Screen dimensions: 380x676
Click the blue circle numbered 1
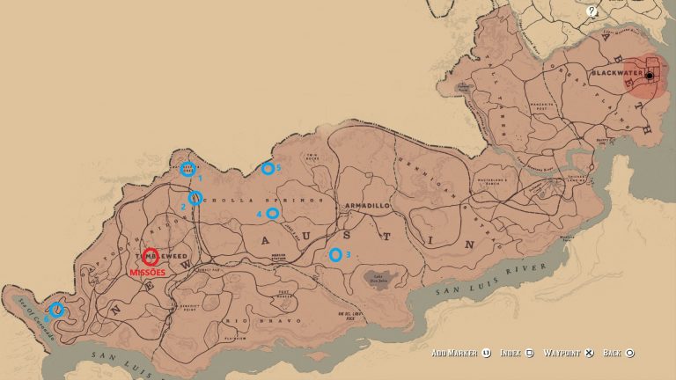click(x=187, y=169)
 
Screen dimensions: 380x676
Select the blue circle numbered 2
click(x=195, y=198)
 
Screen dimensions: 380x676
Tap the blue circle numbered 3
click(x=334, y=255)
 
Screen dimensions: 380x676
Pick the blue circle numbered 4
click(x=273, y=213)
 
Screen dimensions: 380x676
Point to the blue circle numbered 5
click(x=267, y=168)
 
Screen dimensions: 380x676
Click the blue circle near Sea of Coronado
click(x=56, y=309)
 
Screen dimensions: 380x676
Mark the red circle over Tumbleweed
click(x=151, y=257)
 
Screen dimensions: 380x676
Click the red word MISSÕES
click(x=147, y=273)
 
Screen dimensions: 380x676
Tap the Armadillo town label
click(x=366, y=204)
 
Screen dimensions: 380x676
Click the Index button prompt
click(x=517, y=354)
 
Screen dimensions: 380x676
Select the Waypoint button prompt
click(x=572, y=354)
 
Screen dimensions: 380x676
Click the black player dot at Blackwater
click(x=650, y=76)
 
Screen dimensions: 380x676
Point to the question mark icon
click(x=592, y=11)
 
